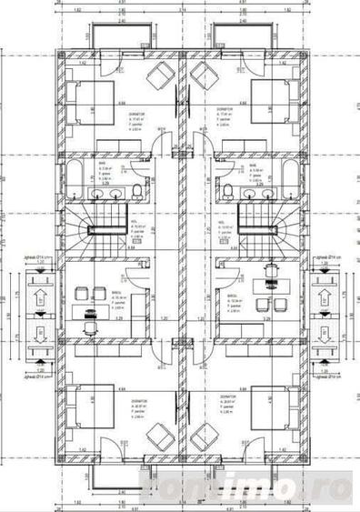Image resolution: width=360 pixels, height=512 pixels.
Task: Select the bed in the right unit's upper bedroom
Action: pos(271,104)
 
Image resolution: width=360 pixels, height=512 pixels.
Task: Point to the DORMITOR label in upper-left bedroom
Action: pos(137,106)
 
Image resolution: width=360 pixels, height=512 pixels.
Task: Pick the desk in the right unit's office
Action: pos(268,306)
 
